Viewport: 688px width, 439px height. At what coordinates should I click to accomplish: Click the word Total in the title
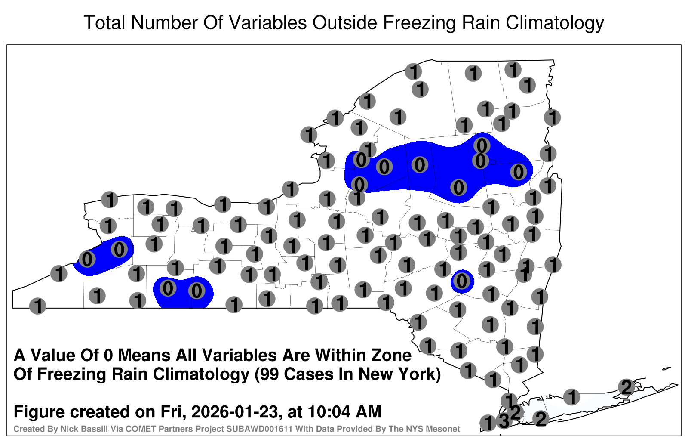pos(105,22)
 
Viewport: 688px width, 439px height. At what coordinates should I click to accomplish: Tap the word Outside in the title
pos(344,22)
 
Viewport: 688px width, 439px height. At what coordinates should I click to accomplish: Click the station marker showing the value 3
pos(504,420)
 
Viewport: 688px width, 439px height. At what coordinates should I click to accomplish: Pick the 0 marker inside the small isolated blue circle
pos(462,281)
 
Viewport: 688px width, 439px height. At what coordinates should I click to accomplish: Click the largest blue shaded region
pos(436,169)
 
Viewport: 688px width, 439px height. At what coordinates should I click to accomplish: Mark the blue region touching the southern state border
pos(183,292)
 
